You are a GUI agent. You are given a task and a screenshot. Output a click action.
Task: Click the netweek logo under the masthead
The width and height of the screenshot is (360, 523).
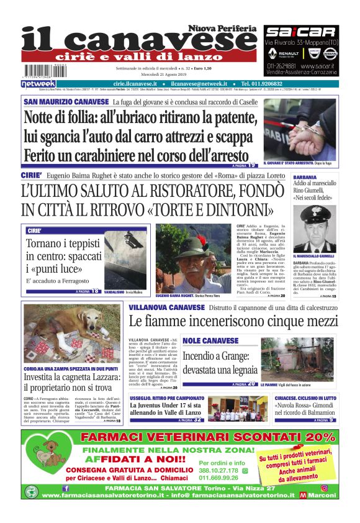click(x=38, y=84)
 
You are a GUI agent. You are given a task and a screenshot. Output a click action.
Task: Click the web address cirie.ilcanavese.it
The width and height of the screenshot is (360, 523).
click(x=137, y=84)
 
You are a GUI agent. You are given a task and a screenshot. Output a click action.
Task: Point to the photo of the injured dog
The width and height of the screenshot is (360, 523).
click(x=72, y=334)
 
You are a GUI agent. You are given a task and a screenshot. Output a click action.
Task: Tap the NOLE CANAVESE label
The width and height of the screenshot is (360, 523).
click(x=210, y=341)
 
